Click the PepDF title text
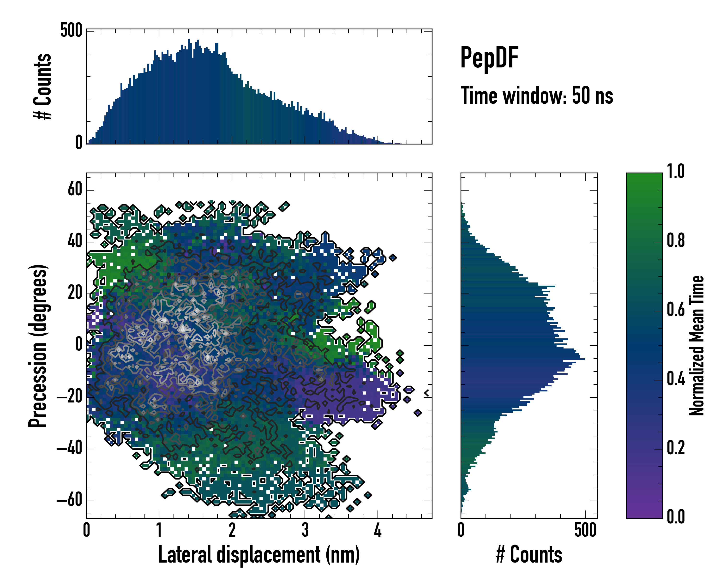489,58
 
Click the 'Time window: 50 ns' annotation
537,96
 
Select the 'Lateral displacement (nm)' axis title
259,554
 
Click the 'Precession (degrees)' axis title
38,346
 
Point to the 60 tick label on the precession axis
75,190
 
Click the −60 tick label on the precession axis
69,501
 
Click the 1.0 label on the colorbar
676,172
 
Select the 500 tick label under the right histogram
585,530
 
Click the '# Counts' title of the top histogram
42,86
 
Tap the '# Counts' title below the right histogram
529,554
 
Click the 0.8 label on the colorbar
676,240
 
